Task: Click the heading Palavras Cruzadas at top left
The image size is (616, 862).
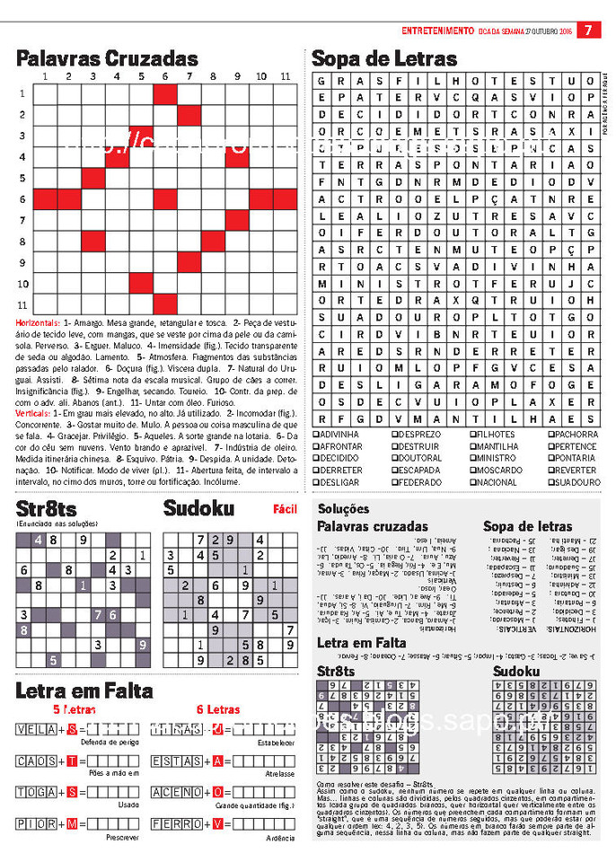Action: point(107,59)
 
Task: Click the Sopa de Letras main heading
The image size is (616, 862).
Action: point(383,59)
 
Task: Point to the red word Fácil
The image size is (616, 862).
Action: point(285,509)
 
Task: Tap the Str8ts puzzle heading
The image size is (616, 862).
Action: point(46,509)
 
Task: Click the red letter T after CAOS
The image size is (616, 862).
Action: point(71,761)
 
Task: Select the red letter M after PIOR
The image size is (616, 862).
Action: point(71,822)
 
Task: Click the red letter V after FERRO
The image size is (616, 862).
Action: point(216,822)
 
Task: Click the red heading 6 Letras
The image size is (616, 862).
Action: point(218,709)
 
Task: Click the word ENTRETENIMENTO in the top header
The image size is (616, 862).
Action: point(437,30)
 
